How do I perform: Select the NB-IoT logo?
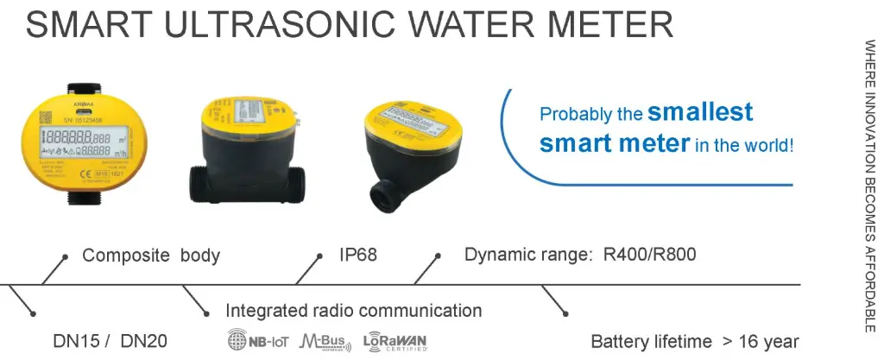256,342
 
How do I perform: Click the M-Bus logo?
325,342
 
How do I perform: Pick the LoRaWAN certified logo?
395,342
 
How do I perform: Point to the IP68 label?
358,256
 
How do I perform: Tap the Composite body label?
151,256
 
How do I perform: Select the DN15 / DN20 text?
96,342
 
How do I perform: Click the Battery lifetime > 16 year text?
694,342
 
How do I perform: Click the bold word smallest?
700,111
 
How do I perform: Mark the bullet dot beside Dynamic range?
439,256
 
